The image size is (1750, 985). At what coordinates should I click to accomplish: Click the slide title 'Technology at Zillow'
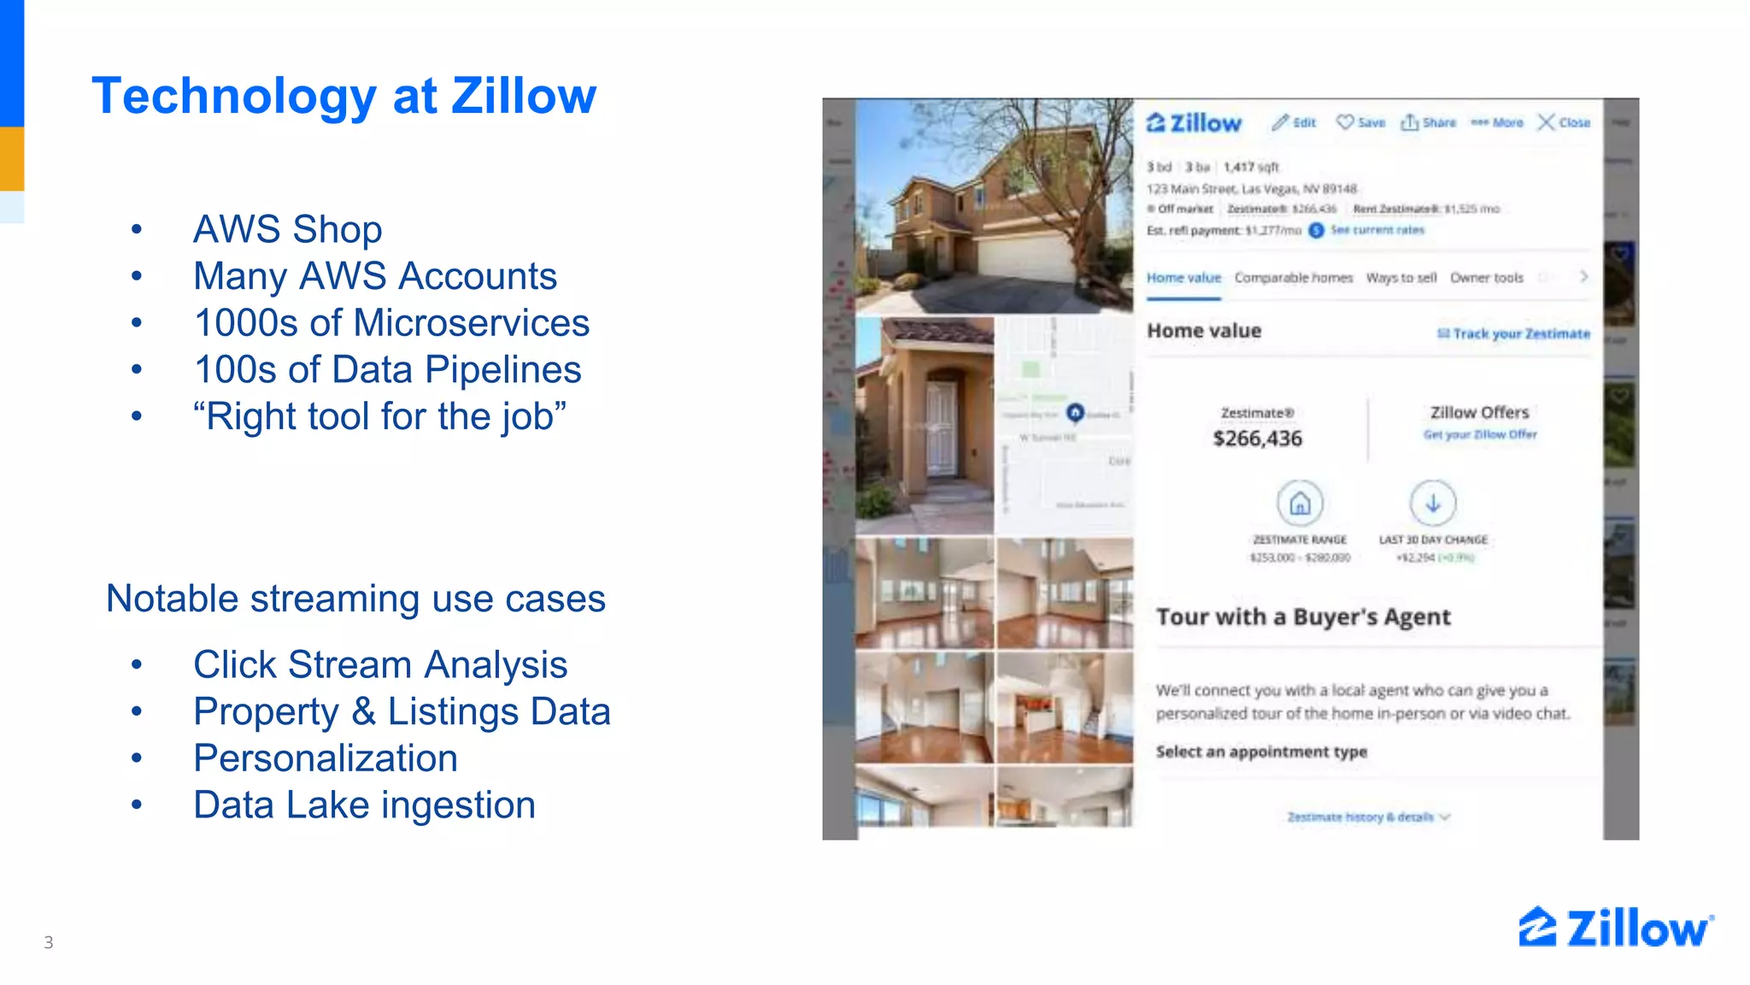pos(344,96)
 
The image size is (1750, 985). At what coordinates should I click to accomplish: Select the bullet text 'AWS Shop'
pos(287,229)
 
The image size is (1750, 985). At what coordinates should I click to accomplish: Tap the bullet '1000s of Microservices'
pos(391,323)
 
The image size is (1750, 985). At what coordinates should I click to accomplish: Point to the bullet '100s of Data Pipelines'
pos(387,370)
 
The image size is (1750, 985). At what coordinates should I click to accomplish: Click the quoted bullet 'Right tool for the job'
pos(379,417)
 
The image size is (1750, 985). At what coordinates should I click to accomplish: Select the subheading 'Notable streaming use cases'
pos(355,599)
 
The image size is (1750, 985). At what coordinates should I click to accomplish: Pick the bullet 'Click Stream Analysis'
pos(380,665)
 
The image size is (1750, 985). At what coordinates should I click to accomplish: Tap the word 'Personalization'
pos(325,758)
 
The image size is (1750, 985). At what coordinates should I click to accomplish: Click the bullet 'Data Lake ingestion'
pos(364,805)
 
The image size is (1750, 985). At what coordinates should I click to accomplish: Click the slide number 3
pos(49,942)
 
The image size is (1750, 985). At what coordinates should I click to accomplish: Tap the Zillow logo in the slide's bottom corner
pos(1615,929)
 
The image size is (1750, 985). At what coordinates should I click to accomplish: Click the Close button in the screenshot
pos(1564,122)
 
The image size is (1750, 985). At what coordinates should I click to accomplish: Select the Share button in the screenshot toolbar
pos(1428,122)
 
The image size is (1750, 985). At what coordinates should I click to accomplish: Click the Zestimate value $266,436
pos(1257,439)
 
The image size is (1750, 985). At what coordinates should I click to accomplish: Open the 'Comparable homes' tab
pos(1293,278)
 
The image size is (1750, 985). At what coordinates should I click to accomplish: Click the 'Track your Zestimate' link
pos(1513,333)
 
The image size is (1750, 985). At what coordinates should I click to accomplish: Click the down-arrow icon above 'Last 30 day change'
pos(1433,504)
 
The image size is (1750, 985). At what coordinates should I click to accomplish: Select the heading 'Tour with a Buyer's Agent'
pos(1303,617)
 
